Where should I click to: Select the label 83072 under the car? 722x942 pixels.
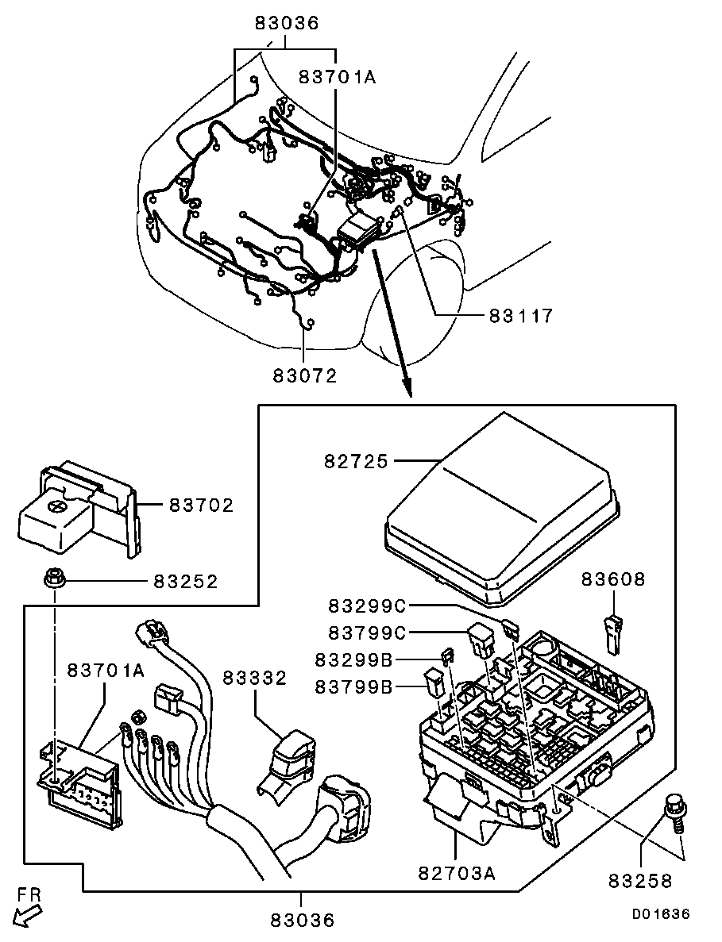(305, 375)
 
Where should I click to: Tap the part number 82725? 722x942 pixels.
(357, 461)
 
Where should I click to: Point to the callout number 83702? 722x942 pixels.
(201, 505)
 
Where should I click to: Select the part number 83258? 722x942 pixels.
(641, 880)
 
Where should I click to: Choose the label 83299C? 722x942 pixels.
(367, 606)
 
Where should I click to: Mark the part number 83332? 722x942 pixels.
(255, 678)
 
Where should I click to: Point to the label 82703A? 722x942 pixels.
(457, 874)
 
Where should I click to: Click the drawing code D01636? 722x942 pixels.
(661, 914)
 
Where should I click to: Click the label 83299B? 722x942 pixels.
(354, 660)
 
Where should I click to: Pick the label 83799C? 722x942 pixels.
(367, 633)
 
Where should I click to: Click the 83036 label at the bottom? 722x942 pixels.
(303, 921)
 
